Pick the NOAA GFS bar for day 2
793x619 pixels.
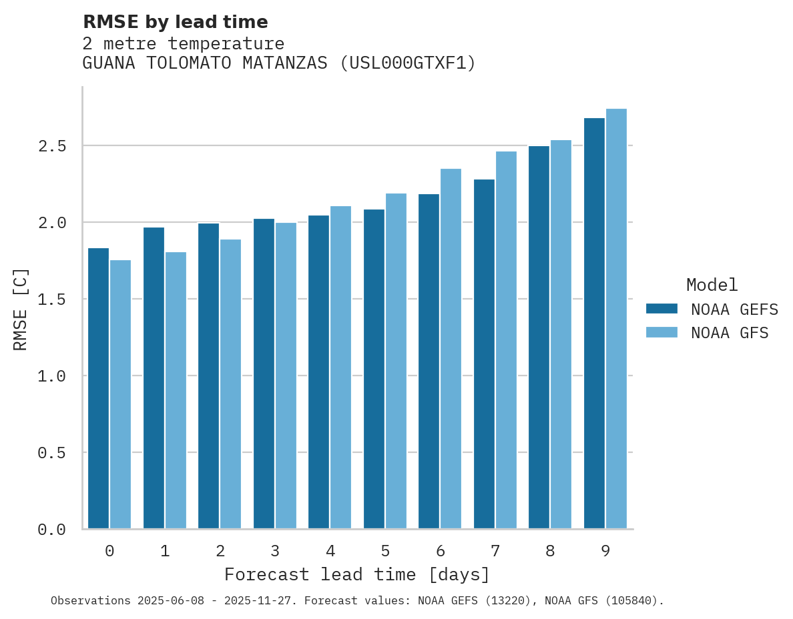(x=230, y=384)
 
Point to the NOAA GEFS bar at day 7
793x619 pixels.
(x=484, y=354)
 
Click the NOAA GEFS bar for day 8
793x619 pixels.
(x=539, y=337)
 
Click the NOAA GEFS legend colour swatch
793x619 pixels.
(x=662, y=309)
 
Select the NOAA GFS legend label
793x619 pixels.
(x=730, y=333)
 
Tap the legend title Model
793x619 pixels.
(x=712, y=285)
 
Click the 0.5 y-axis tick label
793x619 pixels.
(x=52, y=453)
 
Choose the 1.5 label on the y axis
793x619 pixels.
(x=52, y=299)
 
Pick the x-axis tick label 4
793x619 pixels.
(x=330, y=551)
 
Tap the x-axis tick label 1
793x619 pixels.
(x=165, y=551)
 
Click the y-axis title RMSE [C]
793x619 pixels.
(x=21, y=309)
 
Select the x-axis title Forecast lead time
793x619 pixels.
(x=357, y=574)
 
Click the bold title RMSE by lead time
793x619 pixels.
(x=175, y=22)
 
